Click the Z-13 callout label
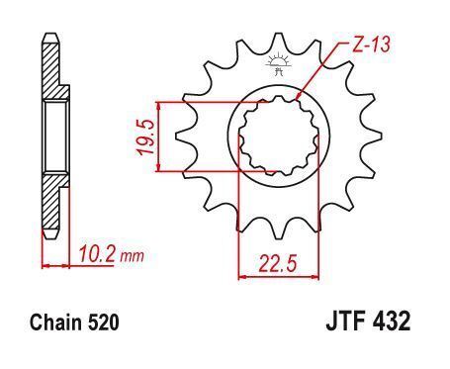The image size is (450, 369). pyautogui.click(x=371, y=46)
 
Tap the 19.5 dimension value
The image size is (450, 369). pyautogui.click(x=146, y=138)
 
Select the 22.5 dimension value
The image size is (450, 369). pyautogui.click(x=278, y=263)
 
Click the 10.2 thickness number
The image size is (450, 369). pyautogui.click(x=97, y=254)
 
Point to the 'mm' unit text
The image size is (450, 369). pyautogui.click(x=132, y=256)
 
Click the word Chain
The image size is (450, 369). pyautogui.click(x=55, y=322)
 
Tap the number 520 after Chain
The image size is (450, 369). pyautogui.click(x=103, y=323)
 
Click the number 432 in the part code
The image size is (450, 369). pyautogui.click(x=392, y=321)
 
